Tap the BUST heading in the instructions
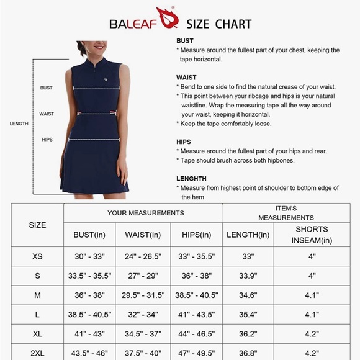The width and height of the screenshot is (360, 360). coord(185,41)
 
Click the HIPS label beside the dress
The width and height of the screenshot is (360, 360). coord(47,140)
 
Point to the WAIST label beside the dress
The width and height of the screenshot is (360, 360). coord(47,114)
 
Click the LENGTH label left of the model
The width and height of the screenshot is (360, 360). coord(19,124)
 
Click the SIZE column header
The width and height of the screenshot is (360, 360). coord(37,225)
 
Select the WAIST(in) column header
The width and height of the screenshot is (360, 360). coord(143,235)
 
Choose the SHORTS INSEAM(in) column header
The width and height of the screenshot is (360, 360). coord(312,235)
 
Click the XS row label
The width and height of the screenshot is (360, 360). coord(37,256)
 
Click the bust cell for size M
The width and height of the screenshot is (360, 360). coord(90,295)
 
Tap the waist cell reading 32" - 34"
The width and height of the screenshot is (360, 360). coord(143,314)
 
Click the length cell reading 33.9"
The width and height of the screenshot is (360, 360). coord(248,276)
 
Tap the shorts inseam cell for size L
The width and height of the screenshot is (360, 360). coord(312,314)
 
